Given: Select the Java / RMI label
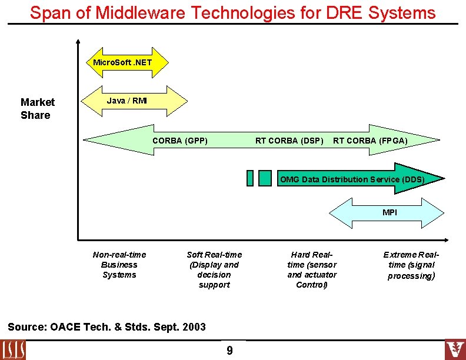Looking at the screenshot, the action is pyautogui.click(x=127, y=101).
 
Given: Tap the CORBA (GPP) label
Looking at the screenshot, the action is pyautogui.click(x=180, y=141).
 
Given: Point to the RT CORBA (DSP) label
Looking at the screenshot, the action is pyautogui.click(x=289, y=141).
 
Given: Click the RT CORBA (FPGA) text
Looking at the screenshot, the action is pyautogui.click(x=370, y=141).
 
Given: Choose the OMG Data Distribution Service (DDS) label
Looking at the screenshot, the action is pyautogui.click(x=352, y=179).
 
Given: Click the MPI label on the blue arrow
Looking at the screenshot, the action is pyautogui.click(x=390, y=212).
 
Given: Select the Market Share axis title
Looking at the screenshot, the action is pyautogui.click(x=37, y=109).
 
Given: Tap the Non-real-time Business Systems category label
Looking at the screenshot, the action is pyautogui.click(x=119, y=265).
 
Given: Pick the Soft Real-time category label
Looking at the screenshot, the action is pyautogui.click(x=214, y=269).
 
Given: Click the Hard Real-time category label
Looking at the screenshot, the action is pyautogui.click(x=312, y=269).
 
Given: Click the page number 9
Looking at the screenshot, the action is pyautogui.click(x=229, y=351).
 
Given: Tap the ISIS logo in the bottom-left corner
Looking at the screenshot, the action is pyautogui.click(x=14, y=349).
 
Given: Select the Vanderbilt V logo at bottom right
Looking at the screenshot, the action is pyautogui.click(x=454, y=349).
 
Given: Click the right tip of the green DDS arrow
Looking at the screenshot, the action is pyautogui.click(x=442, y=179).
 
